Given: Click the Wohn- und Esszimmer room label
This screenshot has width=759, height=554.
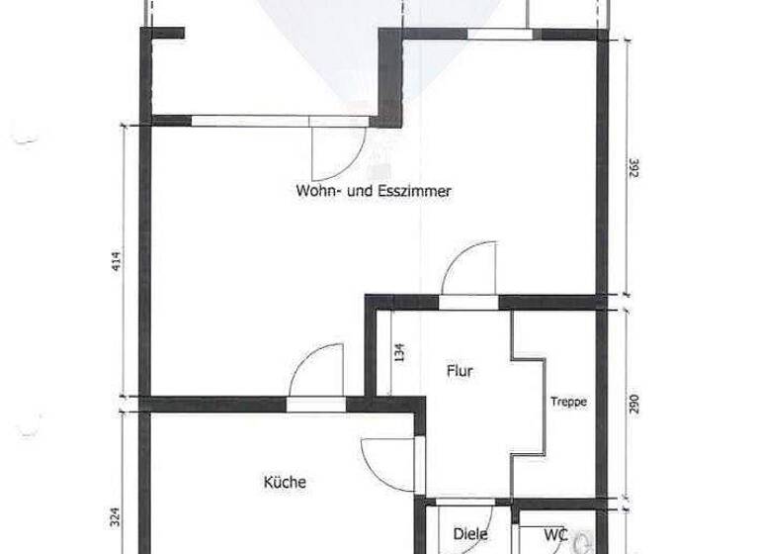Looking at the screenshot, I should point(373,192).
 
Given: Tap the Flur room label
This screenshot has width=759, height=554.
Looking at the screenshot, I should point(459,372).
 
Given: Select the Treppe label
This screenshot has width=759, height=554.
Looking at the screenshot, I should point(569,402).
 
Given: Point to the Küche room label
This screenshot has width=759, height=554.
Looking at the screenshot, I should point(285,483).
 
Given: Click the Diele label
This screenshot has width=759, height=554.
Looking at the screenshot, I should point(469,534).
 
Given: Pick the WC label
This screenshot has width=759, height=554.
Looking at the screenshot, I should point(554,534).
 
